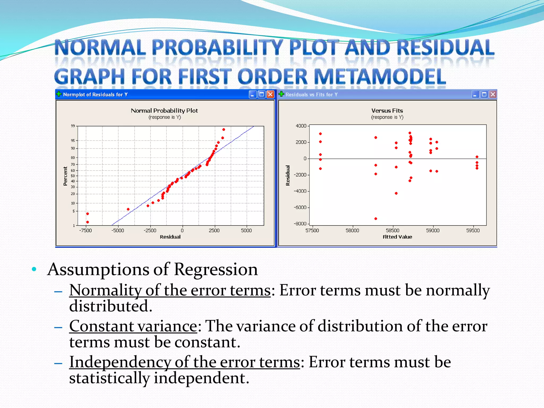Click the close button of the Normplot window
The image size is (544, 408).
tap(270, 94)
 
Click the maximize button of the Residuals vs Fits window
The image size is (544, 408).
tap(484, 94)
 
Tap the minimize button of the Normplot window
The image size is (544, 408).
tap(253, 94)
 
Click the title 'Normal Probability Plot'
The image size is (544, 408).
tap(164, 110)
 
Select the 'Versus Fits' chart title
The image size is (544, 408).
tap(387, 110)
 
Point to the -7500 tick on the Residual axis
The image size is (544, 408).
tap(85, 231)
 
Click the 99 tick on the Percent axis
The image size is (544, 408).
tap(73, 126)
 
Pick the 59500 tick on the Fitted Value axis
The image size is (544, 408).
tap(473, 231)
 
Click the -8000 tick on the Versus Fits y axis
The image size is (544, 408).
tap(300, 224)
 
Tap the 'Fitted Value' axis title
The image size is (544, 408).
tap(397, 237)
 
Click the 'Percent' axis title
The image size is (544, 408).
tap(65, 176)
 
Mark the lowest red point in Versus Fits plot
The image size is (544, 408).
tap(376, 219)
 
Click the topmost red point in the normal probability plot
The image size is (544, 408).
tap(224, 130)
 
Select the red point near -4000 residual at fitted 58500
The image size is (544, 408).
tap(396, 193)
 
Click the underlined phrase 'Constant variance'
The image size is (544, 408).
tap(133, 326)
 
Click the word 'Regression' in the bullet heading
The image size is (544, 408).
tap(216, 269)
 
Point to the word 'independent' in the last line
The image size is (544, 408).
tap(201, 378)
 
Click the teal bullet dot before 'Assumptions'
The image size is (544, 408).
tap(34, 269)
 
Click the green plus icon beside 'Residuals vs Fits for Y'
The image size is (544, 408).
tap(281, 94)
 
